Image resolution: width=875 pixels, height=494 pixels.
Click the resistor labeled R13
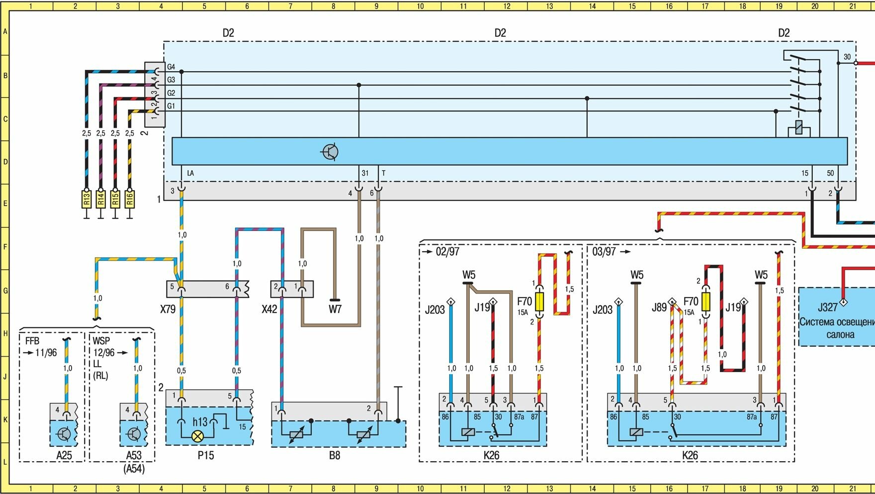87,199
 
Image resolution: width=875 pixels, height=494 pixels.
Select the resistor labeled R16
129,199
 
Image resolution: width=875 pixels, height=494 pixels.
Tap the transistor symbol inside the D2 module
330,152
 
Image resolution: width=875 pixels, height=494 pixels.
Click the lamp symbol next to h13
198,436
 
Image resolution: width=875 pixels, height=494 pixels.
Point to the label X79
168,309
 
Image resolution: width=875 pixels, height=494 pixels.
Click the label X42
269,309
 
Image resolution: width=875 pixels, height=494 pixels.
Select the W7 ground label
335,309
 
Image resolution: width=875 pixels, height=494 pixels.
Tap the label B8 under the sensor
335,455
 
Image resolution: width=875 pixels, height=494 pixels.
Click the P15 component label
205,455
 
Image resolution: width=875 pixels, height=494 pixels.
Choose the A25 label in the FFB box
64,455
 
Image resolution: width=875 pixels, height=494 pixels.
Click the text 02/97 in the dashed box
447,252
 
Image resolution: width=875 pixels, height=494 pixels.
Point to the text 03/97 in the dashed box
604,252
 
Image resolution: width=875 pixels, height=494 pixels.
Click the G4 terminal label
171,67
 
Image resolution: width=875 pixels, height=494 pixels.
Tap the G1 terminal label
171,106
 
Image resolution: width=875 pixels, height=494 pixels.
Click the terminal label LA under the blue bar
190,173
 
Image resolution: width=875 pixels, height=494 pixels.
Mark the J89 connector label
659,308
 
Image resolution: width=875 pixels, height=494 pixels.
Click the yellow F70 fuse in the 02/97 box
538,301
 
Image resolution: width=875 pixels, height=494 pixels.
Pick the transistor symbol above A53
134,434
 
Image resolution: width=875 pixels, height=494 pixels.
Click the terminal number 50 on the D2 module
830,173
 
